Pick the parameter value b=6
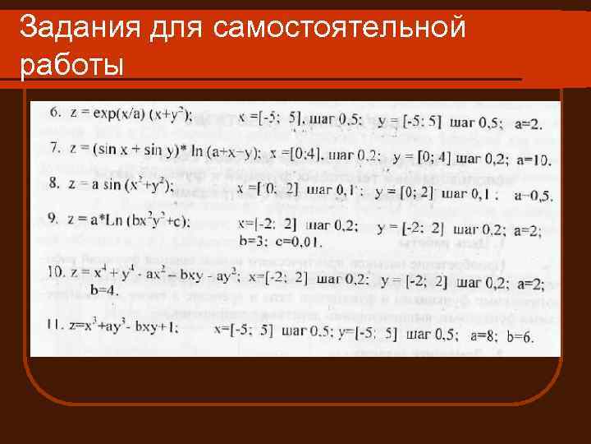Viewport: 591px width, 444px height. [x=520, y=336]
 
